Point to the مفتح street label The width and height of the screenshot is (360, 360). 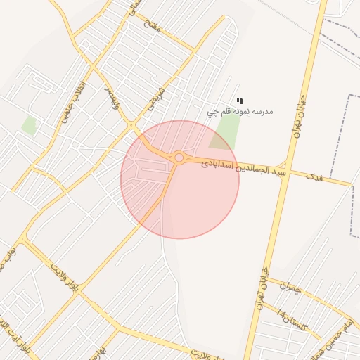[x=152, y=24]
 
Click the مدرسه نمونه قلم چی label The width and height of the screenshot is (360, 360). [x=240, y=111]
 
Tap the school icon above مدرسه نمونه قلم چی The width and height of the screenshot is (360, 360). [x=240, y=101]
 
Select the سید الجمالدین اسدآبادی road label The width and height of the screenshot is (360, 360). [x=244, y=167]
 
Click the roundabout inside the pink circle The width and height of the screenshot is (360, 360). [x=179, y=158]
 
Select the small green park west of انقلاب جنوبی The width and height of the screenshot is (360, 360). [x=29, y=126]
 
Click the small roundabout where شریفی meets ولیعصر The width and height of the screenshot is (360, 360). [x=131, y=125]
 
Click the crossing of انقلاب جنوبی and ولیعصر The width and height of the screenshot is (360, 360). [x=91, y=65]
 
